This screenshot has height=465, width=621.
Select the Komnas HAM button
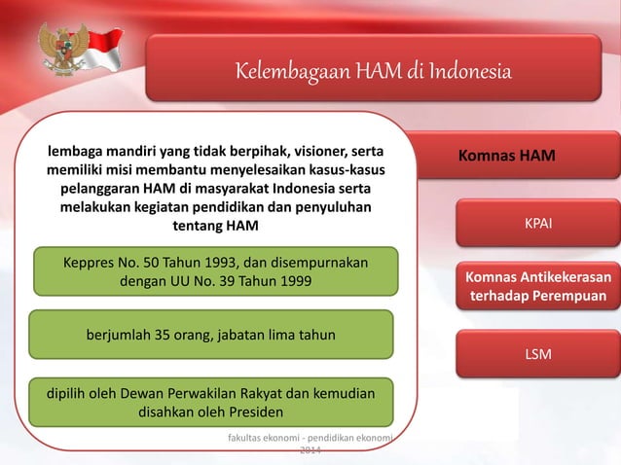(x=507, y=157)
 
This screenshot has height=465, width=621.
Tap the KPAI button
(x=538, y=225)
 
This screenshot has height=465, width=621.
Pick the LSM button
(x=538, y=354)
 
